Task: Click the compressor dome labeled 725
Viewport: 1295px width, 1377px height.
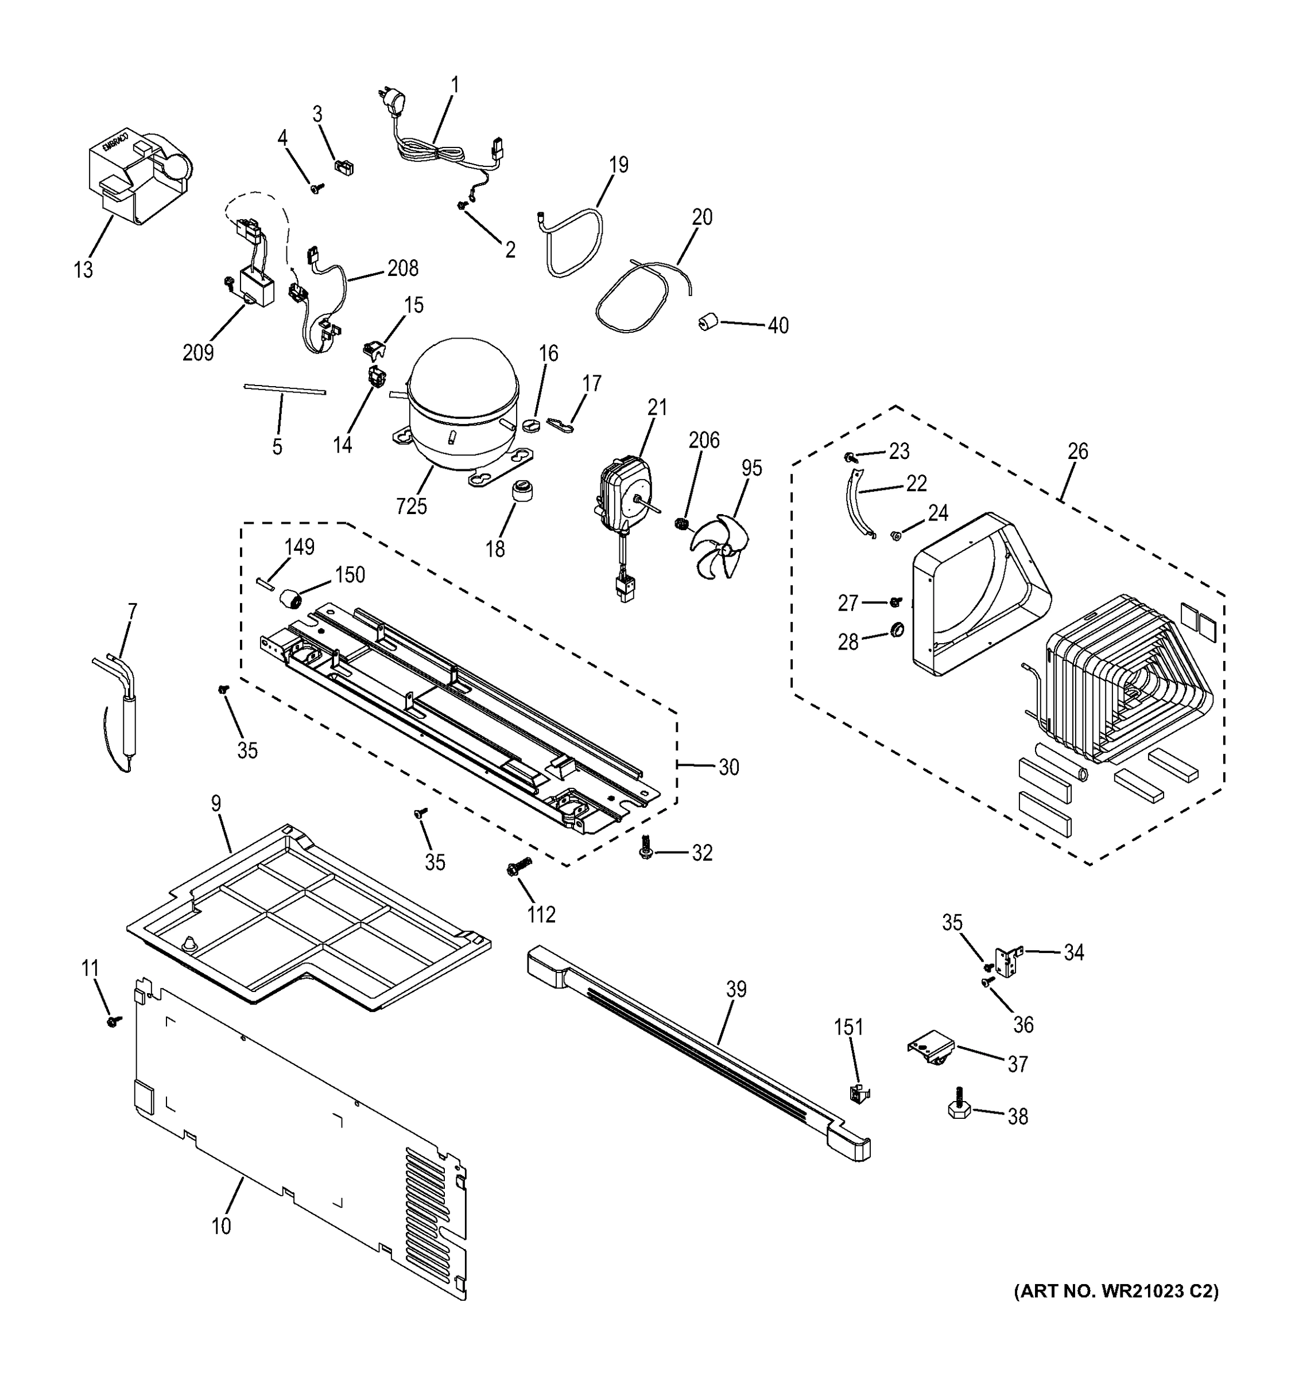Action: point(463,402)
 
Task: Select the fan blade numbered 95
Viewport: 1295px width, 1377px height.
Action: point(717,544)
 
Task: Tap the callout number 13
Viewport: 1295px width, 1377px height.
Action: point(83,270)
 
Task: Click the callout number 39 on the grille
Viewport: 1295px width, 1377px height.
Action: point(736,989)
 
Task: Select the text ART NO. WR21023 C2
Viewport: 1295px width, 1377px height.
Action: point(1116,1290)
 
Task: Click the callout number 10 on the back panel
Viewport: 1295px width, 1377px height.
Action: point(221,1226)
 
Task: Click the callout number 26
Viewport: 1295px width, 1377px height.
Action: point(1077,452)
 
